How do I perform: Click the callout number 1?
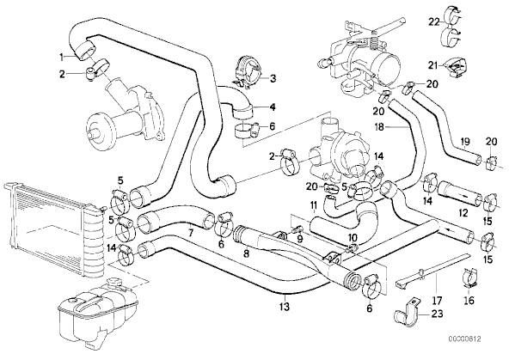61,58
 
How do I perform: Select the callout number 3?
273,78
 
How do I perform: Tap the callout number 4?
273,107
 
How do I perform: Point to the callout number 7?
191,233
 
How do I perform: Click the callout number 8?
247,253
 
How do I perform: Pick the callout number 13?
284,306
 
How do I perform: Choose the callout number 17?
438,301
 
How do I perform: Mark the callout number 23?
437,314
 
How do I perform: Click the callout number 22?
434,22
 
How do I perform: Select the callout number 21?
433,66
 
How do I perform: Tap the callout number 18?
379,127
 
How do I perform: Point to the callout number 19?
465,142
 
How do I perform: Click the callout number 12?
463,213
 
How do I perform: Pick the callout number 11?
314,205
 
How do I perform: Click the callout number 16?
469,301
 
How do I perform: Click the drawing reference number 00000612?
464,339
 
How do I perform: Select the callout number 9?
300,240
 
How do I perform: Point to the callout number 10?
353,237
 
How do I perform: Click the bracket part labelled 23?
406,311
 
